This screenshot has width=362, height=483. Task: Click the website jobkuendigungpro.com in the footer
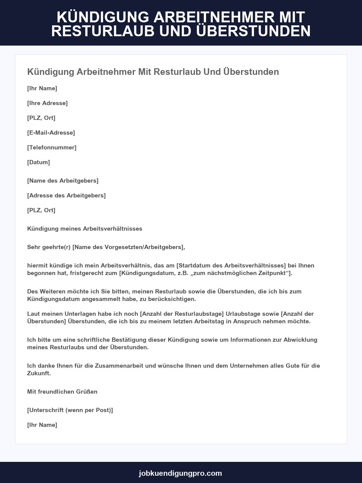tap(180, 473)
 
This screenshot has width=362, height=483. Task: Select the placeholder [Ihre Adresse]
tap(47, 103)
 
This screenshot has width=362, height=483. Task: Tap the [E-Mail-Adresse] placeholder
tap(51, 133)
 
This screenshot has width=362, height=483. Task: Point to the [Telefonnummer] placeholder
tap(52, 148)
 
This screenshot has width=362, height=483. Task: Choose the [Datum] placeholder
tap(39, 162)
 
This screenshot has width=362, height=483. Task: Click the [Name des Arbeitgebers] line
tap(63, 181)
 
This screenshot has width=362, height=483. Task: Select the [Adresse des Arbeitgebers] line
tap(66, 196)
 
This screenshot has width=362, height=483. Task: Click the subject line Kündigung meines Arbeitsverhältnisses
tap(84, 229)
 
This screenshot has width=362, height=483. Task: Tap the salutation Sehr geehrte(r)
tap(49, 247)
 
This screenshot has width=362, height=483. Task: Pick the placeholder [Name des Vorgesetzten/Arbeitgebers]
tap(129, 247)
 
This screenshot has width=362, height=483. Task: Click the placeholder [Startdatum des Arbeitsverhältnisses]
tap(231, 266)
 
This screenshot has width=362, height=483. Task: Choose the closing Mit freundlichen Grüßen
tap(62, 392)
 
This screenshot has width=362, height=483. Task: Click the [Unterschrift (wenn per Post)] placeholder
tap(70, 410)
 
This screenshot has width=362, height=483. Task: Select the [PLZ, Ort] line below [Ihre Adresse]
tap(41, 118)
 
